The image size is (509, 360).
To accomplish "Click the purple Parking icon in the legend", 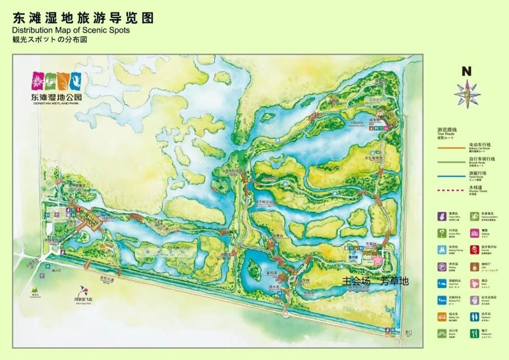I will (441, 266).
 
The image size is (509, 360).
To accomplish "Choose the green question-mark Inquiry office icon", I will (441, 232).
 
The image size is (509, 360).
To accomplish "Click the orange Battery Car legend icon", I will (441, 317).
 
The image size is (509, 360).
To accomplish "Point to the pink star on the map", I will (377, 260).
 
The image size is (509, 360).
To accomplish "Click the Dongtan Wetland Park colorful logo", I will (56, 82).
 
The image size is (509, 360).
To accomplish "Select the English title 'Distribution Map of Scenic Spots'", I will (71, 30).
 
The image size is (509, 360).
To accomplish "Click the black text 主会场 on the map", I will (355, 281).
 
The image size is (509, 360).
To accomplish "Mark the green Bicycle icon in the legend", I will (441, 334).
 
